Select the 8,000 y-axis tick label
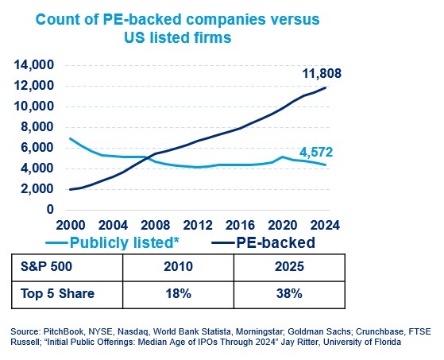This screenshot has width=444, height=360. [37, 126]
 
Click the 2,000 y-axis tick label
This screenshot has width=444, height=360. [37, 189]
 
